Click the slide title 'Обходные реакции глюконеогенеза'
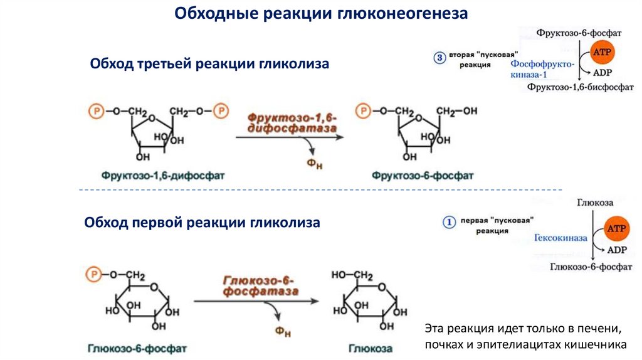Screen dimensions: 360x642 coord(320,14)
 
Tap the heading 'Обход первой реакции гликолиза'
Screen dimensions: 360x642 coord(202,223)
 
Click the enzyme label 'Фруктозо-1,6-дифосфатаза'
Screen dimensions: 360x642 coord(292,122)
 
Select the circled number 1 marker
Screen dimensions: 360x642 coord(448,221)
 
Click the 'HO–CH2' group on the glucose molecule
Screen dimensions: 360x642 coord(352,275)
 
